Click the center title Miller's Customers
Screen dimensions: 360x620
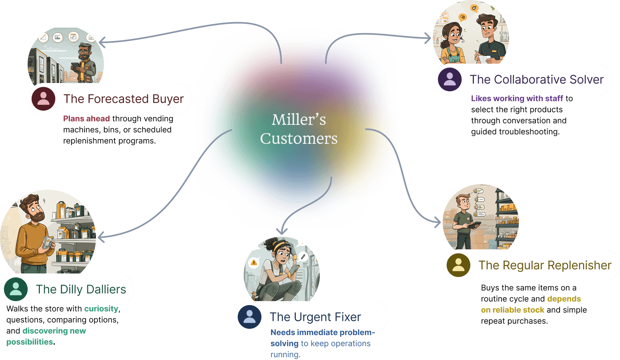299,129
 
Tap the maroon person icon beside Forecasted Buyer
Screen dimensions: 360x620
43,99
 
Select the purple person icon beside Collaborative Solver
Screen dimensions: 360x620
450,79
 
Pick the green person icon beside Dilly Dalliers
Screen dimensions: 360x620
16,289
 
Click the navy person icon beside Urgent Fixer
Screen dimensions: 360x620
250,317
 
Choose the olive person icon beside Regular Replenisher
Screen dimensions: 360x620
458,265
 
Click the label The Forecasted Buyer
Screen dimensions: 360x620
124,99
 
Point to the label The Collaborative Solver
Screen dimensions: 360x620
537,79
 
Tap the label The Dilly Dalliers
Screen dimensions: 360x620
81,289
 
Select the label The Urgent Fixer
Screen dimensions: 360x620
315,317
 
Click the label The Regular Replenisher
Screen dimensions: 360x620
545,265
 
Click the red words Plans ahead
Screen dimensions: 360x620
86,119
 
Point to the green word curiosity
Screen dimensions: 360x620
101,309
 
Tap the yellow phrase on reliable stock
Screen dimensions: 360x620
513,310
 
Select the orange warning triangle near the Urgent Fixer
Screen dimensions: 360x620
254,262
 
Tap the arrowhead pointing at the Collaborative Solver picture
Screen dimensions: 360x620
428,38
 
